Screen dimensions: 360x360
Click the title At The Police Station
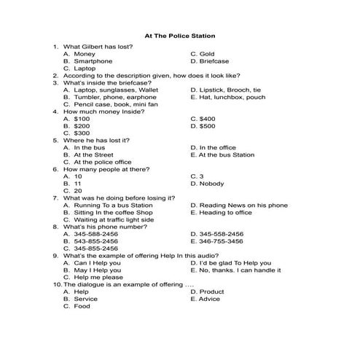[179, 34]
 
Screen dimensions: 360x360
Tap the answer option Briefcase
[214, 61]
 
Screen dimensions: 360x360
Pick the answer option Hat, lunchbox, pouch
[232, 97]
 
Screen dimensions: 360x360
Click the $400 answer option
[207, 118]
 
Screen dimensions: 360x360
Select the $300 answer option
[82, 133]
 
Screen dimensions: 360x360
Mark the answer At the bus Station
[227, 154]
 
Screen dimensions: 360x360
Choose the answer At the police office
[103, 162]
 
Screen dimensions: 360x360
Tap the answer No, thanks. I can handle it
[238, 270]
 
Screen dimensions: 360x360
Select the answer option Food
[82, 306]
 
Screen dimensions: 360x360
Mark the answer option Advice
[209, 299]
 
